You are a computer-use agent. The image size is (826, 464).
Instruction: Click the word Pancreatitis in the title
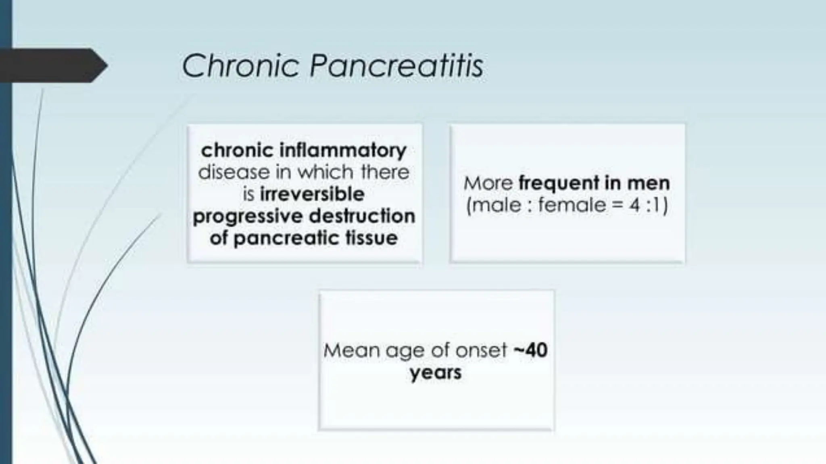tap(396, 66)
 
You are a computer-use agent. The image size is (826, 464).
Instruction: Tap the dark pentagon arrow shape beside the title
tap(52, 65)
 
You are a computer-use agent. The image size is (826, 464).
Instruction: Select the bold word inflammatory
tap(343, 150)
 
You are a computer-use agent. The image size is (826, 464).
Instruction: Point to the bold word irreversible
tap(312, 194)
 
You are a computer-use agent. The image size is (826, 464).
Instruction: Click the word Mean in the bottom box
tap(351, 350)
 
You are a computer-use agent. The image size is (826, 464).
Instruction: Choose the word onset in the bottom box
tap(481, 350)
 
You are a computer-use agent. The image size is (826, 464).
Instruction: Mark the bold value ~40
tap(530, 350)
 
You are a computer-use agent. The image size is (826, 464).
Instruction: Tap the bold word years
tap(436, 373)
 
